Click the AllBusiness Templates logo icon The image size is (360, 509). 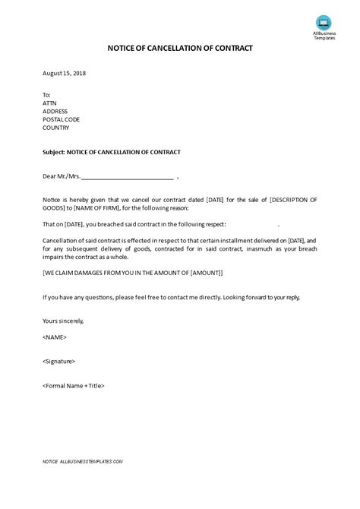point(324,22)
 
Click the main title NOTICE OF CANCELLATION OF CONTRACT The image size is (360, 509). point(180,48)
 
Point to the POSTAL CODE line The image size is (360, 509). point(62,119)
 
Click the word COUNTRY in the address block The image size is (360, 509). point(56,128)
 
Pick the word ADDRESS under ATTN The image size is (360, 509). point(56,111)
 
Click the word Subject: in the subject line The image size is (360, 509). point(54,152)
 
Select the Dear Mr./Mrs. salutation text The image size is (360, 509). point(62,175)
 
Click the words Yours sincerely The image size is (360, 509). point(63,321)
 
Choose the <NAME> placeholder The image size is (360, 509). point(55,337)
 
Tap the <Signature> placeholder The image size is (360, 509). point(59,361)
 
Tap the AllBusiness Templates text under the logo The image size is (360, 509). point(324,36)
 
